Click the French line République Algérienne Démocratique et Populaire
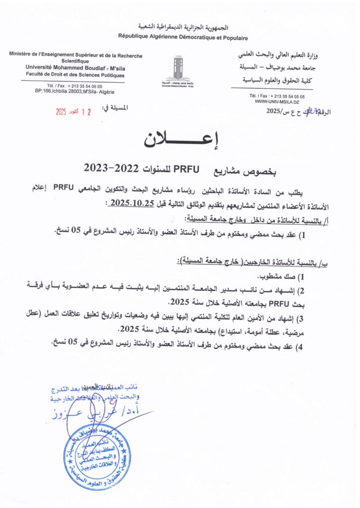(x=183, y=38)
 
